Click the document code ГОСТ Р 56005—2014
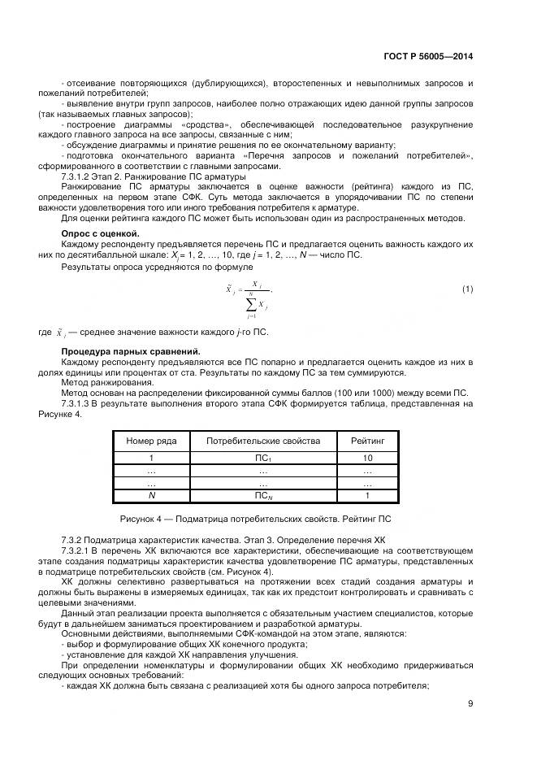[x=428, y=57]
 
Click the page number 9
[x=471, y=704]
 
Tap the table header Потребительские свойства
[x=262, y=441]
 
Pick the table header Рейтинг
[x=367, y=441]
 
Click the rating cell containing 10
[x=367, y=459]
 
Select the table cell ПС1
[x=262, y=459]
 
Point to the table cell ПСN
[x=262, y=495]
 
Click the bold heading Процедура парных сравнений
[x=130, y=351]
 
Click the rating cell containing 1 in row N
[x=367, y=495]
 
